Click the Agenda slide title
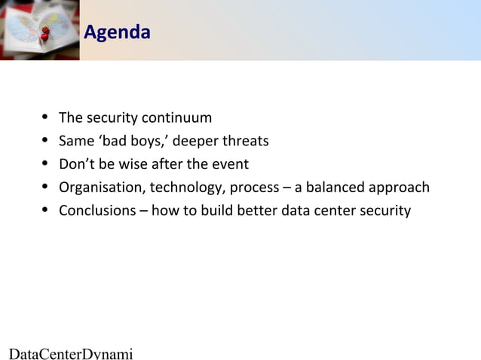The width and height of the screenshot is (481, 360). pyautogui.click(x=116, y=32)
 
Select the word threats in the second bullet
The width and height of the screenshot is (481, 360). pyautogui.click(x=245, y=141)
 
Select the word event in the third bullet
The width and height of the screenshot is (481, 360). pyautogui.click(x=231, y=164)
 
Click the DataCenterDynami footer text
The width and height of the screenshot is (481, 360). pyautogui.click(x=70, y=352)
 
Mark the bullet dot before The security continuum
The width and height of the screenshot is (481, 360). pyautogui.click(x=46, y=117)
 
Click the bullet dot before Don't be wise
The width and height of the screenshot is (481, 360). pyautogui.click(x=46, y=163)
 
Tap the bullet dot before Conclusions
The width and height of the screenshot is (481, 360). pyautogui.click(x=46, y=209)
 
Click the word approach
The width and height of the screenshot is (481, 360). pyautogui.click(x=403, y=187)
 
